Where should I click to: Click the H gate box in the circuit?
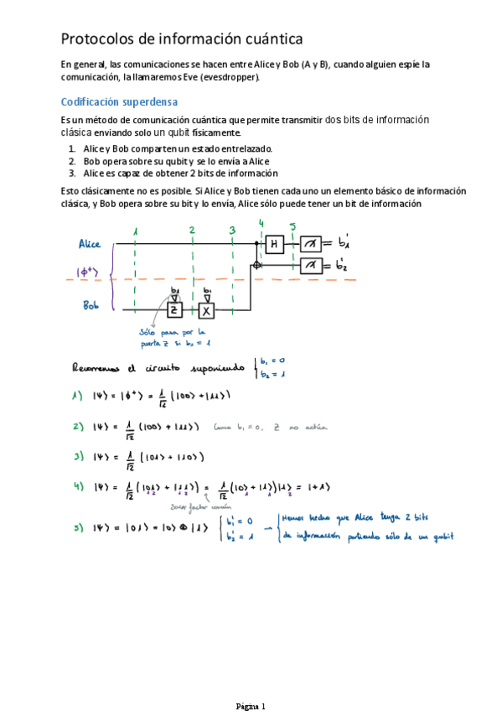click(274, 244)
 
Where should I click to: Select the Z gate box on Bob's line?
click(174, 310)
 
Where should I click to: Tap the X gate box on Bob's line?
click(207, 310)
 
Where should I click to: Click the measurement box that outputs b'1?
click(311, 244)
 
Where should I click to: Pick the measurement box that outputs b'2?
click(311, 265)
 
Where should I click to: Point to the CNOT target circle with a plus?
click(255, 265)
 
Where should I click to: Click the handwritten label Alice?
click(90, 244)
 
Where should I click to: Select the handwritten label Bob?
click(91, 306)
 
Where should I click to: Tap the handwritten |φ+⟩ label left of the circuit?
click(89, 272)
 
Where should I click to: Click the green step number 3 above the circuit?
click(232, 230)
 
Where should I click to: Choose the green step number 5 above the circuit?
click(292, 226)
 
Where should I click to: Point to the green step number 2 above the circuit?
click(192, 230)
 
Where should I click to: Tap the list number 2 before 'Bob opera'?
click(72, 161)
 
